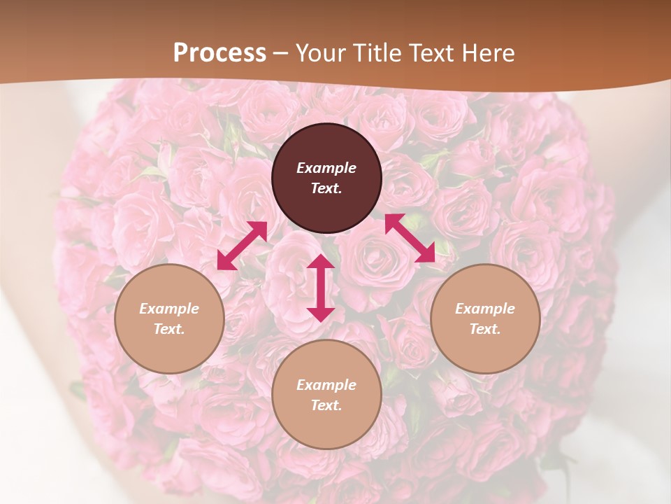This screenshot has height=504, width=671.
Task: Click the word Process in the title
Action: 219,53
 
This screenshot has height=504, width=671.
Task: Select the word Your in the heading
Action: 320,53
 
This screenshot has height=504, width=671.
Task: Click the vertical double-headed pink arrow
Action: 321,288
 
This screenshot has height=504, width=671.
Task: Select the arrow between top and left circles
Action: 242,245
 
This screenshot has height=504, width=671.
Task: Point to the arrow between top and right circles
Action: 410,238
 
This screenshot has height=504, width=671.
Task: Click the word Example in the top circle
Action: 326,168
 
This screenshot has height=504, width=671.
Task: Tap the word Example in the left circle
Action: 169,309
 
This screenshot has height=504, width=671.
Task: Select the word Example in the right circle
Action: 485,309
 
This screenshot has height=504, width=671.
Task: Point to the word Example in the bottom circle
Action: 326,385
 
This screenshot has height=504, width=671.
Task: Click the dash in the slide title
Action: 281,54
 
